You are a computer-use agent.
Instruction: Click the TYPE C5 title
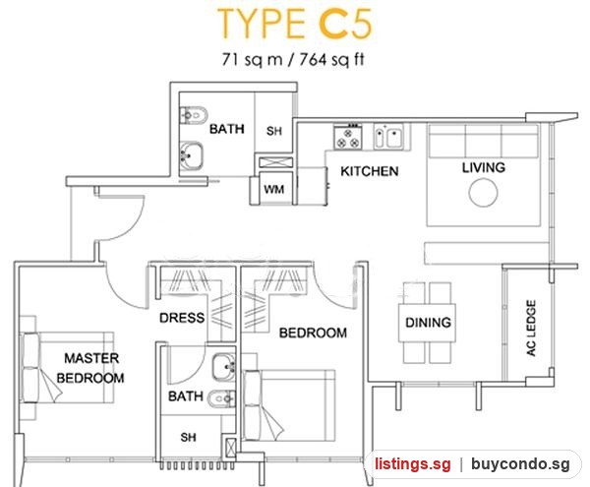[295, 24]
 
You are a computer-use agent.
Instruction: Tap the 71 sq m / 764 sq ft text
[293, 59]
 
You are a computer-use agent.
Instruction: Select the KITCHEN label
[369, 171]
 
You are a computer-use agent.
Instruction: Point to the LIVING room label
[484, 167]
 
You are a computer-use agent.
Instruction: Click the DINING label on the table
[428, 322]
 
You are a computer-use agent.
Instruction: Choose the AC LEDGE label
[531, 328]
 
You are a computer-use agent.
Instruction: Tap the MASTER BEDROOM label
[90, 368]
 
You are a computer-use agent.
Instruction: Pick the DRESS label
[182, 318]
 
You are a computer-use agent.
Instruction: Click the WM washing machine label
[274, 189]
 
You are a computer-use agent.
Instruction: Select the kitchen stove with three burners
[348, 137]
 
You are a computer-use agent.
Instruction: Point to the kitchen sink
[388, 136]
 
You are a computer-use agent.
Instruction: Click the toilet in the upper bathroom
[194, 115]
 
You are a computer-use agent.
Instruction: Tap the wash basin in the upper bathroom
[192, 155]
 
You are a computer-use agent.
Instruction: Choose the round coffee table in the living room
[483, 192]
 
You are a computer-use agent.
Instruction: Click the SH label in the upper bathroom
[274, 131]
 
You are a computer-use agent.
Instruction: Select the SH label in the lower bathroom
[188, 437]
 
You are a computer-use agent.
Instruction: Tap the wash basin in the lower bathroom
[224, 366]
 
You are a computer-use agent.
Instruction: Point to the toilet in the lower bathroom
[221, 398]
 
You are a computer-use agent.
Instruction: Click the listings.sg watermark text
[412, 463]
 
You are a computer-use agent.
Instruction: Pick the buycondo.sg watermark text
[521, 463]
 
